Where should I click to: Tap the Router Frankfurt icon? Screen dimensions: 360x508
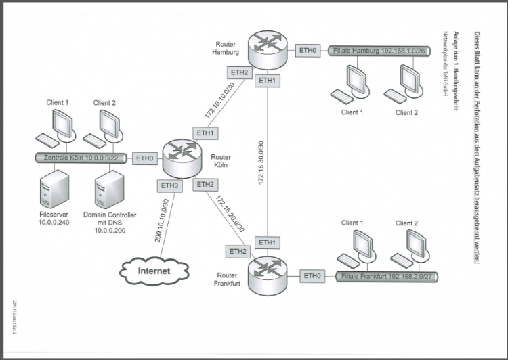[x=268, y=276]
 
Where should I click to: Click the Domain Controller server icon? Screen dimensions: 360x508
[x=110, y=189]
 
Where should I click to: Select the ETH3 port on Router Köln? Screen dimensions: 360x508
[x=169, y=185]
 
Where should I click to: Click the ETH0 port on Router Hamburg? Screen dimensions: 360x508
[x=308, y=51]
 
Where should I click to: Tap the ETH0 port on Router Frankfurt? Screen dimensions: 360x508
[x=312, y=276]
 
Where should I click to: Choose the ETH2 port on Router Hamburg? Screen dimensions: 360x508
[x=239, y=72]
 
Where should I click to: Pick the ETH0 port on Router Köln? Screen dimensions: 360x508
[x=145, y=158]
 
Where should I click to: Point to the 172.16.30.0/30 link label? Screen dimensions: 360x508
[x=261, y=162]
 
